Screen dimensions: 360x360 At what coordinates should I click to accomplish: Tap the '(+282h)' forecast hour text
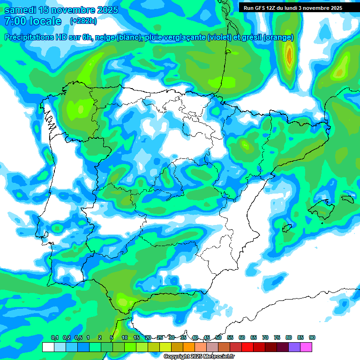click(x=83, y=21)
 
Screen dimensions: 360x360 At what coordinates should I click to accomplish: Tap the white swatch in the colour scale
click(x=48, y=347)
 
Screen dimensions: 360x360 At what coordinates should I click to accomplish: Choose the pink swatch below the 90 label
click(x=306, y=347)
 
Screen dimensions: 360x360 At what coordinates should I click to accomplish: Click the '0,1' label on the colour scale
click(x=55, y=338)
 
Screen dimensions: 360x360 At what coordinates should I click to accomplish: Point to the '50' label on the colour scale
click(x=218, y=338)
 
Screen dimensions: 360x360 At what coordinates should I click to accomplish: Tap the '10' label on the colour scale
click(x=125, y=338)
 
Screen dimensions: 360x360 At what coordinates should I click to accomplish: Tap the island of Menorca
click(x=347, y=199)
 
